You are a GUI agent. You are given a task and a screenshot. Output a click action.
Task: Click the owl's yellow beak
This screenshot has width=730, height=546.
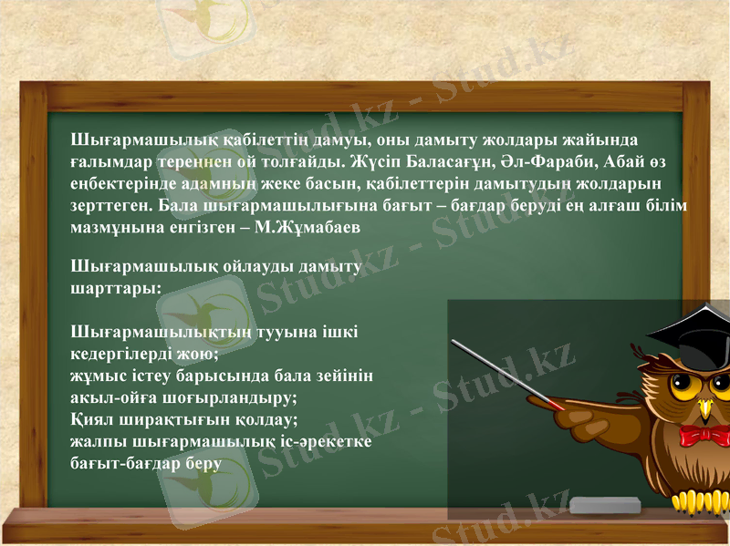pyautogui.click(x=704, y=405)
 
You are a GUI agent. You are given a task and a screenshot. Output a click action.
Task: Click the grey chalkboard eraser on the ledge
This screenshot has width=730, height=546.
pyautogui.click(x=605, y=504)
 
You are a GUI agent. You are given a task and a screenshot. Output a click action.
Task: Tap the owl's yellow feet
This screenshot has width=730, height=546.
pyautogui.click(x=698, y=500)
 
